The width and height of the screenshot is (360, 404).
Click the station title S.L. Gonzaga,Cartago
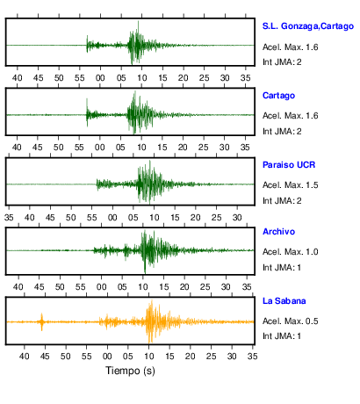click(308, 26)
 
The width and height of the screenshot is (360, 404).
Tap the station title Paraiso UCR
click(289, 165)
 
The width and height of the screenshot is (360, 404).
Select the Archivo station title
click(278, 232)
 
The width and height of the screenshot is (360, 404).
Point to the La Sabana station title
click(284, 301)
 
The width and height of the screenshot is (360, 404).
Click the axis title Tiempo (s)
click(130, 371)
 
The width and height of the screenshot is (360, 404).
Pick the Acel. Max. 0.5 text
click(291, 321)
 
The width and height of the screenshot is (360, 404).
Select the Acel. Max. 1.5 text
click(291, 185)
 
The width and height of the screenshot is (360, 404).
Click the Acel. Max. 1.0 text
click(291, 252)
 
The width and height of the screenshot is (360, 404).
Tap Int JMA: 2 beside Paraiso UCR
click(282, 201)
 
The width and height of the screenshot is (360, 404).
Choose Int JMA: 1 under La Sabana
click(282, 335)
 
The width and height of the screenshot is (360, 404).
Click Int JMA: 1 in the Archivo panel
click(282, 268)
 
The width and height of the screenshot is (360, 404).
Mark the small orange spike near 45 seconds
click(42, 321)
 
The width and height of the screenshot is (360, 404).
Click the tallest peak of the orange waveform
click(152, 300)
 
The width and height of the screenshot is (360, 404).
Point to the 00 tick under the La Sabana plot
click(107, 357)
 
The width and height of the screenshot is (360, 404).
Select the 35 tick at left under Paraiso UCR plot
click(9, 218)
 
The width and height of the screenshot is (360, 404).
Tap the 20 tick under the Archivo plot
click(184, 287)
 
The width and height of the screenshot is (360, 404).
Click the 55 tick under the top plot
click(80, 78)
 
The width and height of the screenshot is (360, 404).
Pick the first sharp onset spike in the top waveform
click(87, 44)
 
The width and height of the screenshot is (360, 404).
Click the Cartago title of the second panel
click(278, 96)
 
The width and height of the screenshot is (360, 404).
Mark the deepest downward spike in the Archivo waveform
click(145, 272)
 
